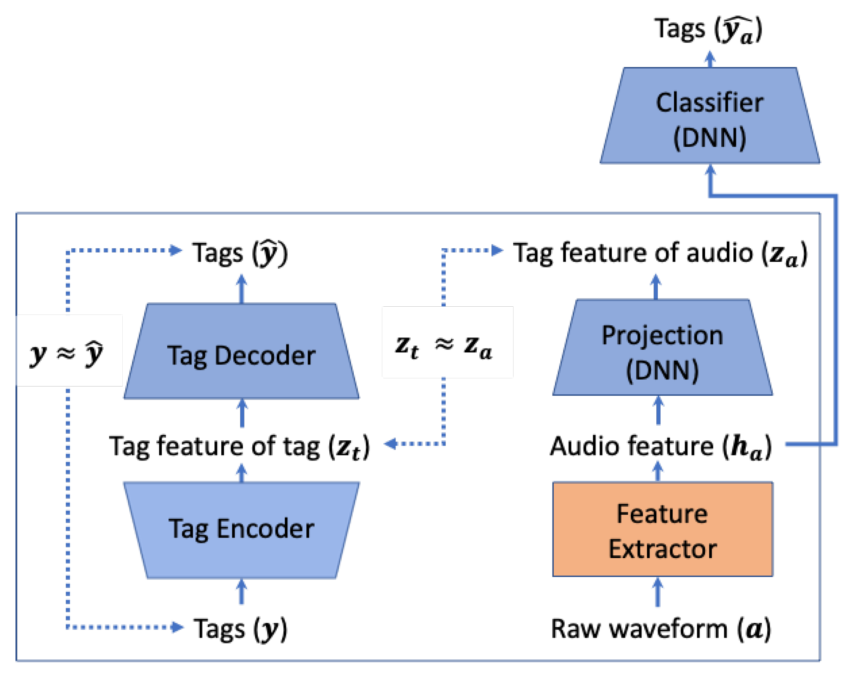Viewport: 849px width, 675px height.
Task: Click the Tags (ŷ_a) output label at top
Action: [x=708, y=29]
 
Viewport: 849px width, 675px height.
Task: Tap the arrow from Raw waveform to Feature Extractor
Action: [x=657, y=592]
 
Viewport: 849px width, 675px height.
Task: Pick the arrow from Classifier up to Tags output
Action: [x=710, y=59]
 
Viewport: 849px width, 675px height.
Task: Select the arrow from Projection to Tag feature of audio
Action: [x=656, y=287]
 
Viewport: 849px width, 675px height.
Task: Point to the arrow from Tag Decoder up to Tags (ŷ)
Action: [x=241, y=289]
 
